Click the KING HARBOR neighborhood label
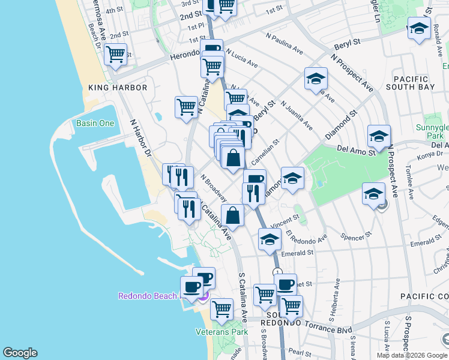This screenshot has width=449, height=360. point(118,88)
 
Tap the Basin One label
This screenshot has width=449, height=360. point(95,124)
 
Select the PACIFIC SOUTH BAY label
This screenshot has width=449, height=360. point(411,83)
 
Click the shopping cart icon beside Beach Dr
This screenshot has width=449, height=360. point(115,55)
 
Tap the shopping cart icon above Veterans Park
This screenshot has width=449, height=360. point(221,309)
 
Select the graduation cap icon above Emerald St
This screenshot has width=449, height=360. point(270,239)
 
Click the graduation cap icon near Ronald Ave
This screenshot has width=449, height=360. point(418,28)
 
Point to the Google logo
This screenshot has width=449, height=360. point(20,353)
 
